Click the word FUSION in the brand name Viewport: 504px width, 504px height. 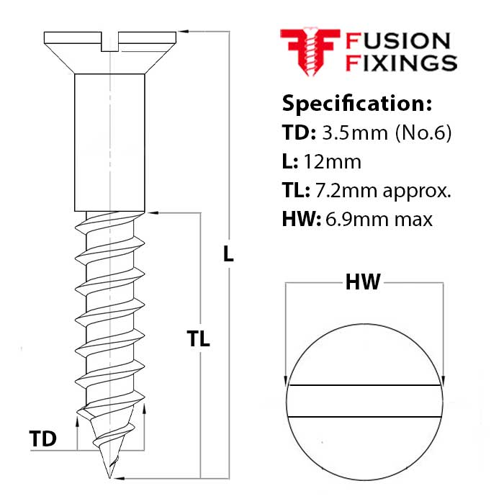(397, 42)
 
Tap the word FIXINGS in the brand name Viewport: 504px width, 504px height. (402, 63)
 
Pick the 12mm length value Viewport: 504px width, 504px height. (333, 162)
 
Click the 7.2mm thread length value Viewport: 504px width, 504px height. (341, 191)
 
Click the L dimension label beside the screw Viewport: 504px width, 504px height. (228, 254)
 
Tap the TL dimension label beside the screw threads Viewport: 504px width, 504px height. (198, 339)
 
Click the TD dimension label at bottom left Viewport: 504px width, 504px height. (43, 438)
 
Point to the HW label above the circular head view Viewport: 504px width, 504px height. (363, 283)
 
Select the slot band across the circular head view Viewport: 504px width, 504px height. (364, 401)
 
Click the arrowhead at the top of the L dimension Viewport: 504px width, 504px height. (184, 32)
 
